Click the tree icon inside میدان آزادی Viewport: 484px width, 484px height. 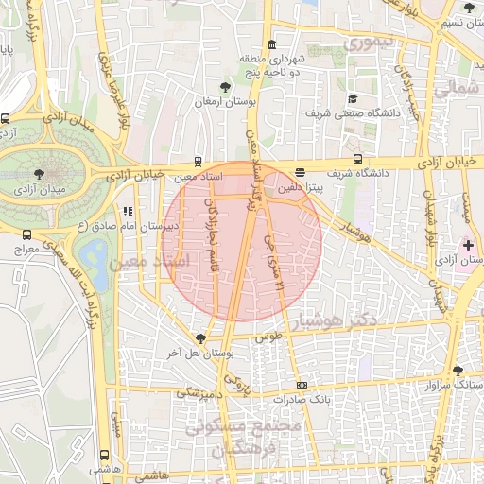[x=39, y=174]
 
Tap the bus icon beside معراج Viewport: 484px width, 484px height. [x=26, y=234]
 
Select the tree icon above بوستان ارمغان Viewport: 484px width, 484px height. [x=225, y=87]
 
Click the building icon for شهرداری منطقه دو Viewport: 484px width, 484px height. [x=271, y=44]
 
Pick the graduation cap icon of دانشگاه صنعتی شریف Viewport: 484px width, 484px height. [x=352, y=98]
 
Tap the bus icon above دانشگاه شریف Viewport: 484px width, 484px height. [x=357, y=159]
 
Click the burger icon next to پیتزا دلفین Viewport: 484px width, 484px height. [x=300, y=173]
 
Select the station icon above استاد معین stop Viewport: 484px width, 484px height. [x=198, y=161]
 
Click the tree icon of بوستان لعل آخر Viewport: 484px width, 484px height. [x=200, y=338]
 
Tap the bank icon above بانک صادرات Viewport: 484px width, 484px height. [x=302, y=385]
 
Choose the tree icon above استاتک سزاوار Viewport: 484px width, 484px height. [x=458, y=371]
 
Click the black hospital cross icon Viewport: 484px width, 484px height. [x=468, y=245]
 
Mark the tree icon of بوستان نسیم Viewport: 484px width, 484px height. [x=470, y=8]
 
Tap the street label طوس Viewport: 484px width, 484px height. [x=270, y=336]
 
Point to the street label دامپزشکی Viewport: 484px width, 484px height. [x=201, y=389]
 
